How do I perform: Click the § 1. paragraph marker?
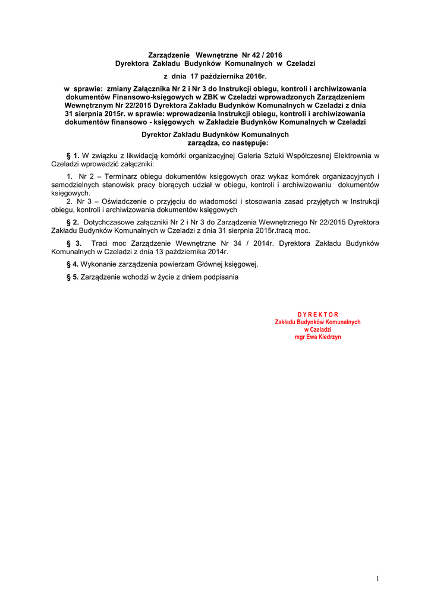(x=73, y=156)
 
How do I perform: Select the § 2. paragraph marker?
(x=73, y=222)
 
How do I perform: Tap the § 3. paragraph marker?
(x=74, y=243)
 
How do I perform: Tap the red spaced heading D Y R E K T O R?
(x=317, y=315)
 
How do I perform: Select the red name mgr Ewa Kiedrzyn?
(x=317, y=337)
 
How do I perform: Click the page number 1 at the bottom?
(x=377, y=579)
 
